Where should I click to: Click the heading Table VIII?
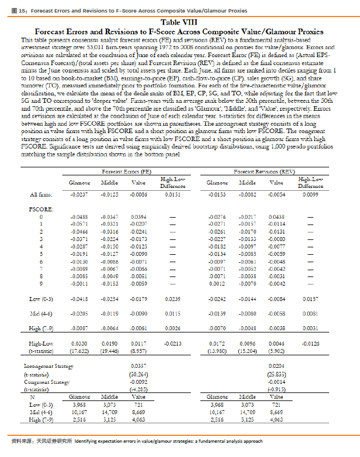tap(180, 22)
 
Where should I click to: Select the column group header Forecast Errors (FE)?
tap(127, 171)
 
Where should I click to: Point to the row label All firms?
tap(41, 195)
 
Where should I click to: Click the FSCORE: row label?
tap(40, 210)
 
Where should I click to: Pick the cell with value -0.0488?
tap(79, 218)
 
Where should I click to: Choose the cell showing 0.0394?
tap(138, 218)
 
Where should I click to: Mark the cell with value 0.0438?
tap(277, 218)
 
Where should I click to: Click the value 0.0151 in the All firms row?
tap(173, 195)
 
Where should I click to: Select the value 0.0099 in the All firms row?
tap(310, 195)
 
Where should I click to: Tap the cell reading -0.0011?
tap(79, 283)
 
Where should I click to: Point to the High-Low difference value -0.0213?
tap(173, 342)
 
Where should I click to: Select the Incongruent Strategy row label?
tap(47, 364)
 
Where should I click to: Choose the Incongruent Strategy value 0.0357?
tap(138, 364)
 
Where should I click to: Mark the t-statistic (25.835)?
tap(277, 372)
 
